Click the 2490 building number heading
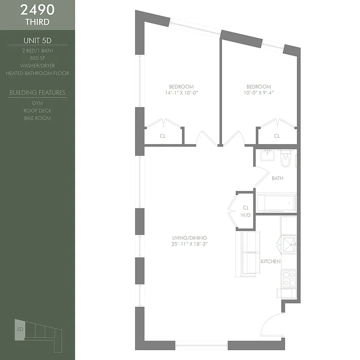pos(37,9)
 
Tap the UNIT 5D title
pos(37,40)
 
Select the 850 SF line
pos(37,58)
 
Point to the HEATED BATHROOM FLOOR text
pos(37,73)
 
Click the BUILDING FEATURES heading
pos(37,93)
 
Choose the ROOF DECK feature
pos(37,111)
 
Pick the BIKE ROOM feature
pos(37,118)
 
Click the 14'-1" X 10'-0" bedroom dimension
pos(181,93)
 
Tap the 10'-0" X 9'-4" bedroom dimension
pos(259,93)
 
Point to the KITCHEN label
pos(270,261)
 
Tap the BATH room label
pos(278,178)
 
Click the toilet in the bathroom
pos(285,160)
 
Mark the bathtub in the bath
pos(276,203)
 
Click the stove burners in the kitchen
pos(288,278)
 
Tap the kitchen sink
pos(288,245)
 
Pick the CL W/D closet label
pos(246,211)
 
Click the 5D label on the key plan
pos(20,329)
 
